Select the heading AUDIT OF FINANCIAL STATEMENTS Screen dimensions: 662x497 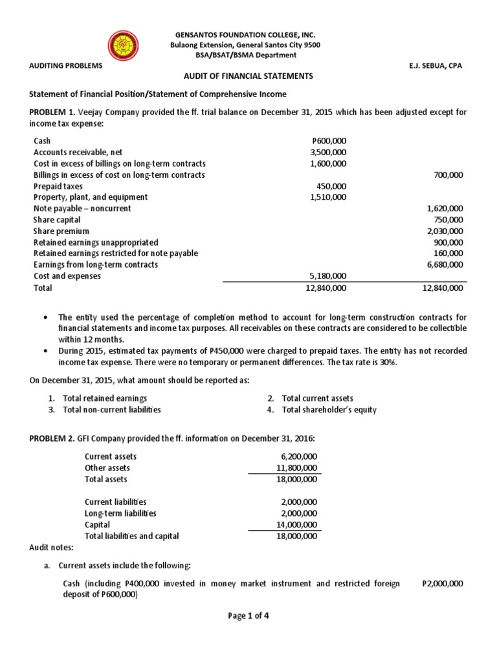248,76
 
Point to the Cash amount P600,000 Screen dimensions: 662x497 329,140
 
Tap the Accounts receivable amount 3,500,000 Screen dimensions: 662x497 329,152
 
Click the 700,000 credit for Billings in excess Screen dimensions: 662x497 447,175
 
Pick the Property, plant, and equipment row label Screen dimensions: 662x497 91,197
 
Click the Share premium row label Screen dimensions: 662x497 61,231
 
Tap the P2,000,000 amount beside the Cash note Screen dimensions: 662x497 443,583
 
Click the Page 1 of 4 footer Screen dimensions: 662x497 248,615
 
